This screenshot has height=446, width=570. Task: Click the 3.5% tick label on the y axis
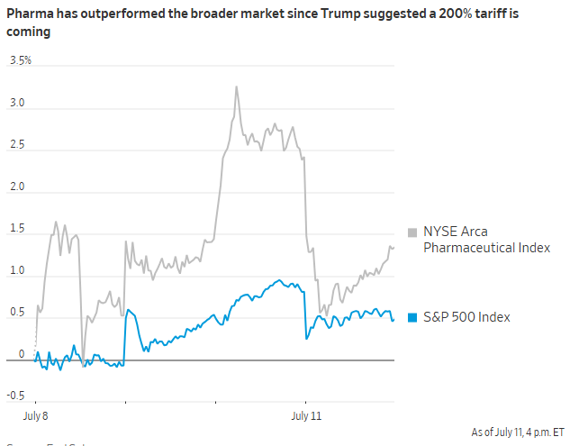20,61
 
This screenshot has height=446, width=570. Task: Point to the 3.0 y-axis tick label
17,104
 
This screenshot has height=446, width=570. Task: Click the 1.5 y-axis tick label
17,230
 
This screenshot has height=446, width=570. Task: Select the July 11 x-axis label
306,417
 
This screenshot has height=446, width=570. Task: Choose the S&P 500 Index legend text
467,317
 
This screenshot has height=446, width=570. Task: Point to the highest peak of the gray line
236,87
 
